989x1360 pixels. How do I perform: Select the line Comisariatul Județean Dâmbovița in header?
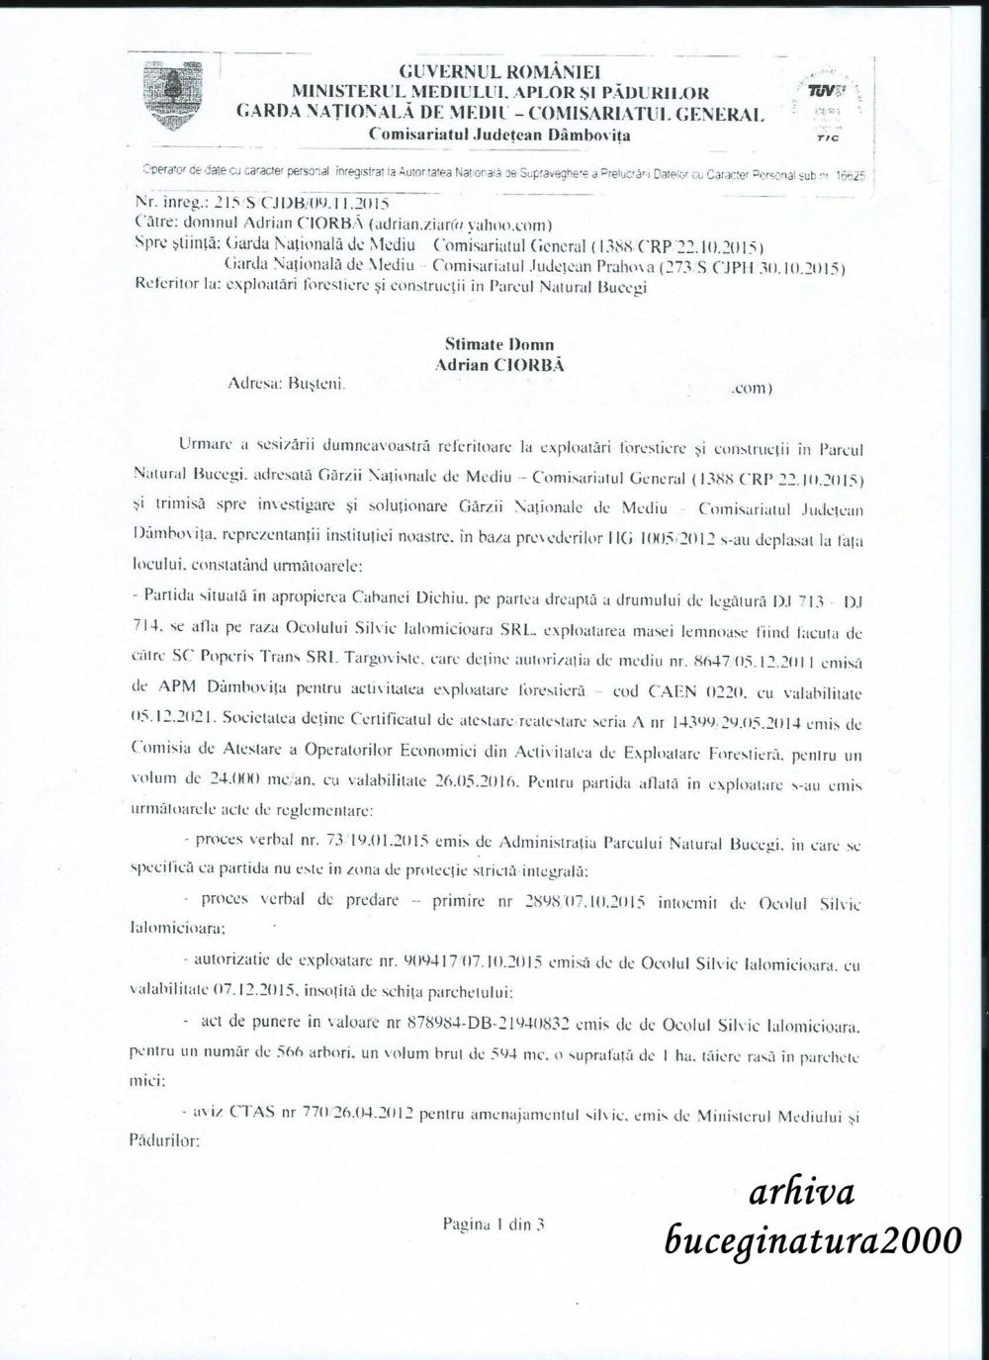[499, 134]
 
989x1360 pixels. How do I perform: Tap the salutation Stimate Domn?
[499, 345]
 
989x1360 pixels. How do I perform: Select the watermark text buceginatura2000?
[812, 1238]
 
